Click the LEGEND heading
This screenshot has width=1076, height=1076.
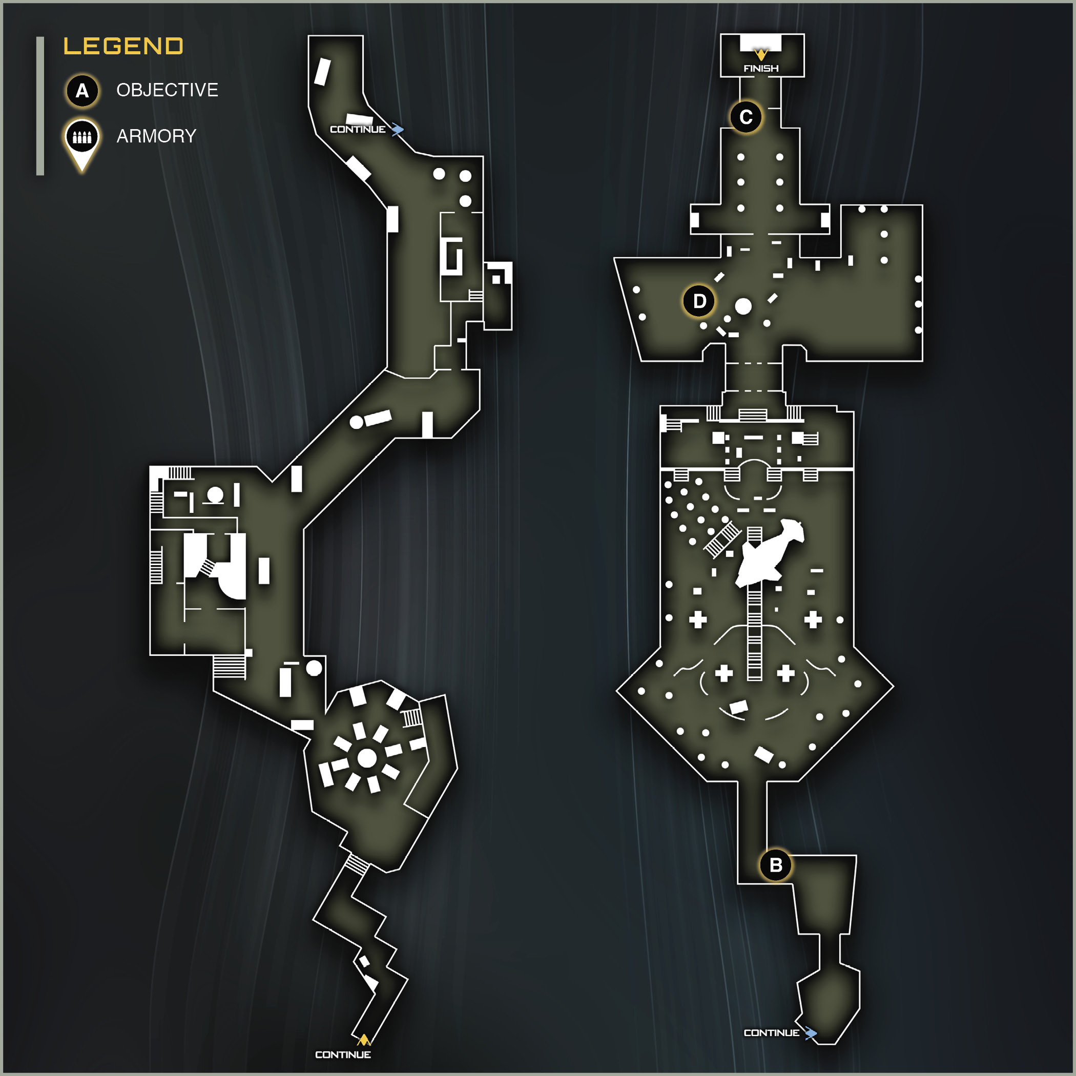(x=123, y=46)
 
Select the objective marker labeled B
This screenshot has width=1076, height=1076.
(x=776, y=865)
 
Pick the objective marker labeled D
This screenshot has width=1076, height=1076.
(x=699, y=301)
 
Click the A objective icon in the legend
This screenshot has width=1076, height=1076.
(x=82, y=90)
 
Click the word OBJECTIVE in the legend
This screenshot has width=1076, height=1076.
(x=167, y=90)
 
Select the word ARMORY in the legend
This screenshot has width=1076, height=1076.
(x=156, y=136)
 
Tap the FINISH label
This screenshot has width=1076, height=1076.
(x=761, y=69)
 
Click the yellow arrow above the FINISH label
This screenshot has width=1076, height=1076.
(x=761, y=55)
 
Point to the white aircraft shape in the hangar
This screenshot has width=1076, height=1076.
(x=769, y=552)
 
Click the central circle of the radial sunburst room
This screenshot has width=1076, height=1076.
(x=366, y=757)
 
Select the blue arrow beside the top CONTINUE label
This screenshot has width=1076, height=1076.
(x=397, y=130)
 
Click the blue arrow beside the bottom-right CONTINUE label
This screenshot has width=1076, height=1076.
(x=811, y=1033)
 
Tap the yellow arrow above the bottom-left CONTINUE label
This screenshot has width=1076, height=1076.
(x=364, y=1039)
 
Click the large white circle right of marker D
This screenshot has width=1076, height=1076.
(x=743, y=306)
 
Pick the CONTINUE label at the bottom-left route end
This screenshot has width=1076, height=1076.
(x=343, y=1054)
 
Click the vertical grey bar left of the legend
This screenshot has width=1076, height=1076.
(x=40, y=106)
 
